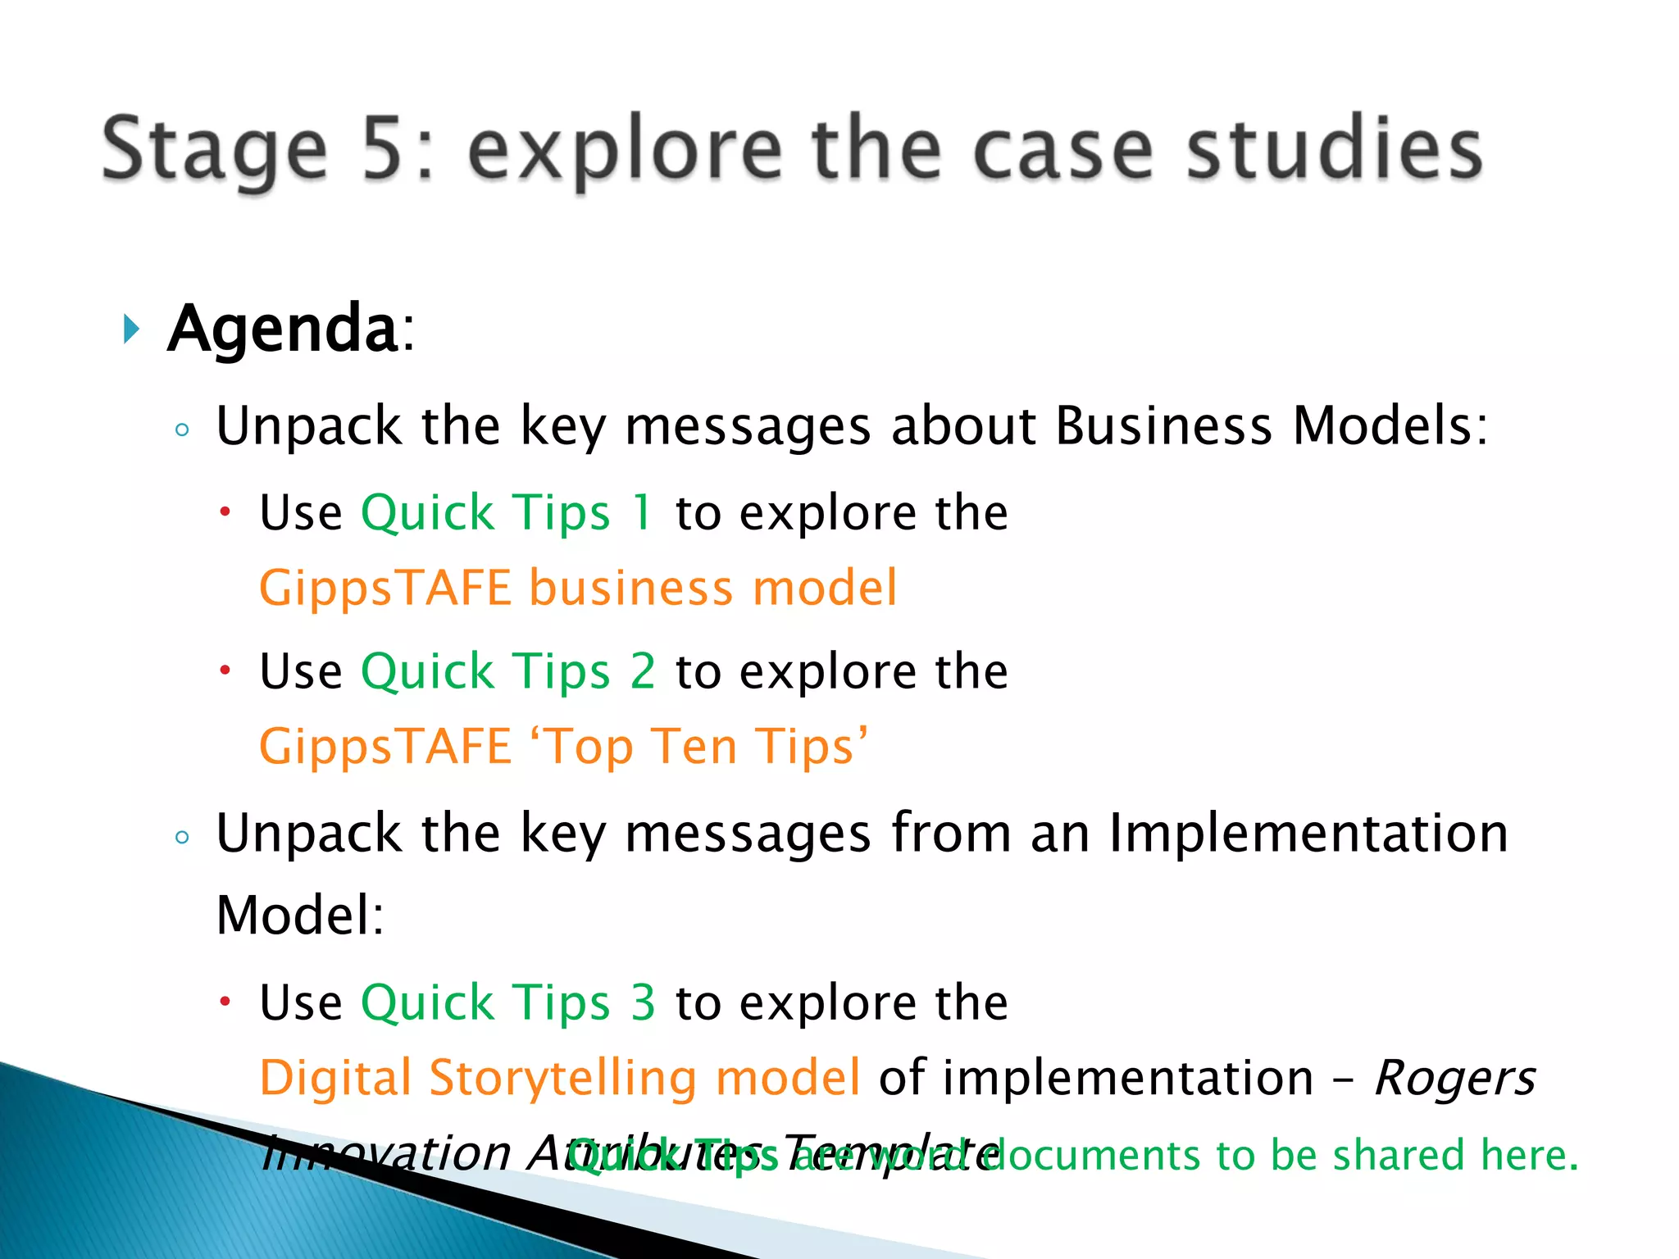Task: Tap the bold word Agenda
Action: tap(283, 328)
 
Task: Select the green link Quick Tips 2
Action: tap(508, 672)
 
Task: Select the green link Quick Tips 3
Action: tap(508, 1002)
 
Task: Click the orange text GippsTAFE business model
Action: tap(578, 589)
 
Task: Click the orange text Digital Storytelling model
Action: tap(560, 1078)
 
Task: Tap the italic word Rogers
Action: tap(1454, 1078)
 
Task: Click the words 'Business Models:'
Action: tap(1271, 426)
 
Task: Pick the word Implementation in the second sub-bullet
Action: tap(1308, 834)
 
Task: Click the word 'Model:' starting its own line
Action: tap(300, 916)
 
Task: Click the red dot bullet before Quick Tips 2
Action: tap(225, 671)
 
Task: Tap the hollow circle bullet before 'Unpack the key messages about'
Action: tap(182, 430)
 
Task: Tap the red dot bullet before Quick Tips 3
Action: tap(225, 1002)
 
